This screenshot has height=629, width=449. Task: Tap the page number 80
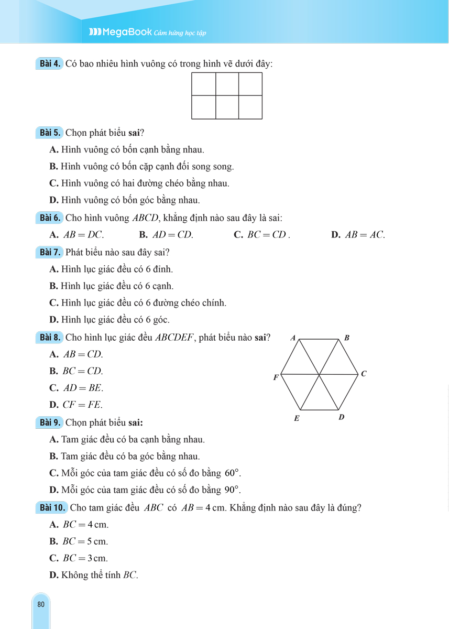pos(41,604)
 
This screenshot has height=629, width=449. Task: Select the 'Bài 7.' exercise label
pos(51,252)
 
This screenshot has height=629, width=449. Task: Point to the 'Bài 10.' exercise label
pos(52,507)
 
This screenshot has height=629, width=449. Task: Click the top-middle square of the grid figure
pos(227,84)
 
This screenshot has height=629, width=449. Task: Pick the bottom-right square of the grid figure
pos(250,107)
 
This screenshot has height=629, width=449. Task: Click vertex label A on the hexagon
pos(293,338)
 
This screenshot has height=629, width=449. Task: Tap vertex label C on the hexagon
pos(364,374)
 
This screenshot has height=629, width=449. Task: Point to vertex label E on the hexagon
pos(296,418)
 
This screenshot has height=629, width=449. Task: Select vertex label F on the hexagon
pos(276,377)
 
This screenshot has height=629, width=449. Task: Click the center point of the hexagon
pos(320,374)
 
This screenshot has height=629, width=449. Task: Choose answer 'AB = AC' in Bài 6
pos(365,235)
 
